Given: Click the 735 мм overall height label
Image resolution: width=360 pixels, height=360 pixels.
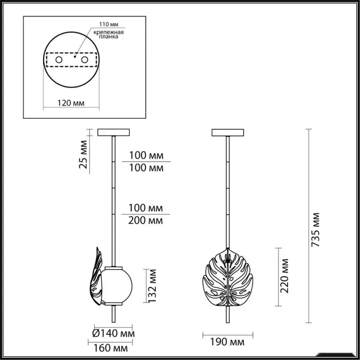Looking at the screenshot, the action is [x=315, y=229].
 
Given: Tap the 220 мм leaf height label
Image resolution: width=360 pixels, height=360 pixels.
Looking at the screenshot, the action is [x=284, y=276].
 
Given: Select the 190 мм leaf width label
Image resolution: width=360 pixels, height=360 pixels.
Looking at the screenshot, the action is [x=227, y=343].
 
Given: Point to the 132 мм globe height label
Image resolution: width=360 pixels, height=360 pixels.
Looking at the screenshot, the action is [x=152, y=286].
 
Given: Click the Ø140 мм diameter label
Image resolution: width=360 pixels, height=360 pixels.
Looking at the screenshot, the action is [x=114, y=333].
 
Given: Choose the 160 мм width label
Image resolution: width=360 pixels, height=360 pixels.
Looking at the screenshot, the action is [x=111, y=348].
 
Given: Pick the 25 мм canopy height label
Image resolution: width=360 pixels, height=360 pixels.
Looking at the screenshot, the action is [x=83, y=154].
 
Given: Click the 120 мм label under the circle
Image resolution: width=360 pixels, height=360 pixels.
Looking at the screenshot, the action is [x=71, y=103].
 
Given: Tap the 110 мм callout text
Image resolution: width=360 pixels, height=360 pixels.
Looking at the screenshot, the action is [x=109, y=24].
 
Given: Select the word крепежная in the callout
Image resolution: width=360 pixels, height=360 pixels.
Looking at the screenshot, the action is [x=109, y=32].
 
